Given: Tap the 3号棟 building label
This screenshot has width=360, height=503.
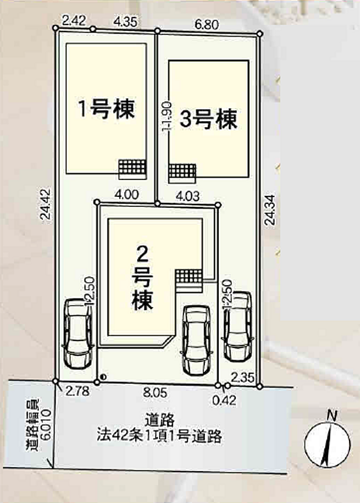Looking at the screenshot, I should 209,120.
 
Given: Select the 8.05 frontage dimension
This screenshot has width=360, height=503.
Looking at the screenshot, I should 154,393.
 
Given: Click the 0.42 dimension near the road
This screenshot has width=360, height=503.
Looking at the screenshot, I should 219,400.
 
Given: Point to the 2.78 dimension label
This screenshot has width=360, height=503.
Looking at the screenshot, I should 78,392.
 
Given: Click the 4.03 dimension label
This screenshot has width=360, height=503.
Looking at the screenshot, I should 187,196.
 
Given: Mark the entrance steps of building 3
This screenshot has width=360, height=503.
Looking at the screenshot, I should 182,171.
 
